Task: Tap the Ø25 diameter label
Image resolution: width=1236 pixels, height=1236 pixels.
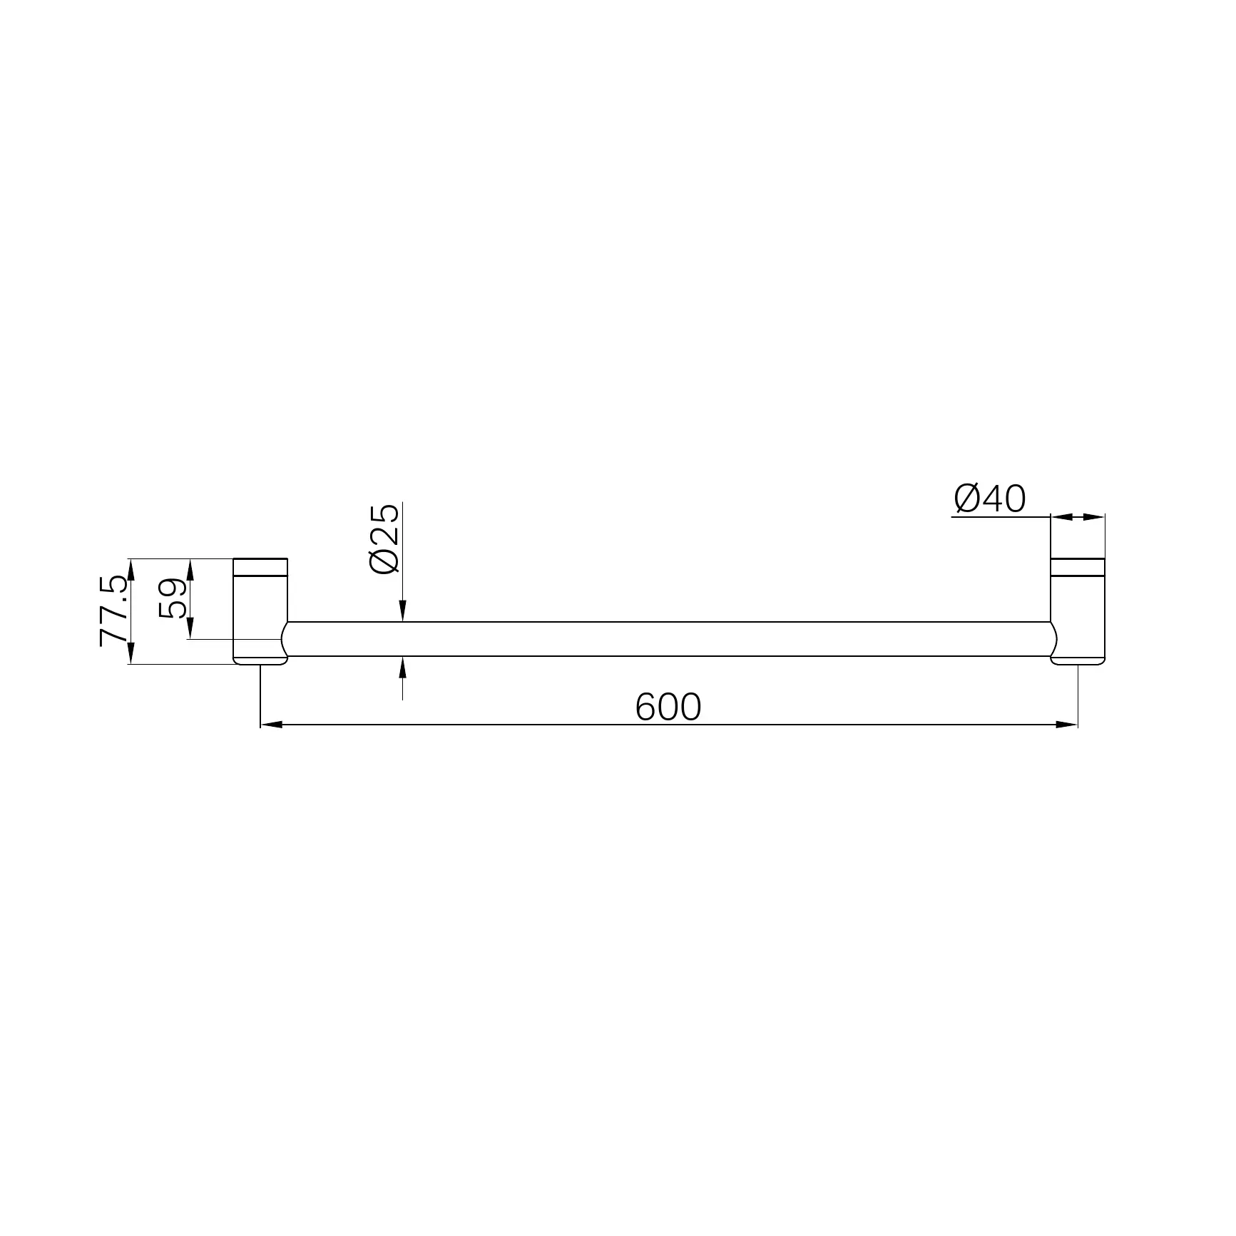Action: pyautogui.click(x=384, y=539)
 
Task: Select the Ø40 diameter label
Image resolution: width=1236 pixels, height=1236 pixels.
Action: pyautogui.click(x=990, y=499)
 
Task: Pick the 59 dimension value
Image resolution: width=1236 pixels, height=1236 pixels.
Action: pyautogui.click(x=171, y=598)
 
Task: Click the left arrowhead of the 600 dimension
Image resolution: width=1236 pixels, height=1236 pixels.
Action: pyautogui.click(x=272, y=725)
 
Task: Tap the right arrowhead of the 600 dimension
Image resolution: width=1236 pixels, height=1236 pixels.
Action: pyautogui.click(x=1067, y=725)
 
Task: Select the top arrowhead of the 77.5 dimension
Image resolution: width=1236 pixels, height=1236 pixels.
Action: pyautogui.click(x=131, y=568)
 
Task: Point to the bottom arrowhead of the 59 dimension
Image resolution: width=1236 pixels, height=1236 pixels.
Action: pyautogui.click(x=190, y=629)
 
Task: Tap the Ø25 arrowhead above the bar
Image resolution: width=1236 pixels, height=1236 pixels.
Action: pyautogui.click(x=403, y=612)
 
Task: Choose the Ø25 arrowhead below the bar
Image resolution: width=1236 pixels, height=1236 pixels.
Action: pyautogui.click(x=403, y=666)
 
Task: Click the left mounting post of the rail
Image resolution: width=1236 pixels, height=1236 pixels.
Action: pyautogui.click(x=260, y=611)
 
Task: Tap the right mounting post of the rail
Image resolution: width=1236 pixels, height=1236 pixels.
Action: pyautogui.click(x=1078, y=611)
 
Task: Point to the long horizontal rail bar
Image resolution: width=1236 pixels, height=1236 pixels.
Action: pyautogui.click(x=668, y=639)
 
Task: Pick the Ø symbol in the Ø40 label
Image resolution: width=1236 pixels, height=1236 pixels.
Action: pyautogui.click(x=967, y=499)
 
